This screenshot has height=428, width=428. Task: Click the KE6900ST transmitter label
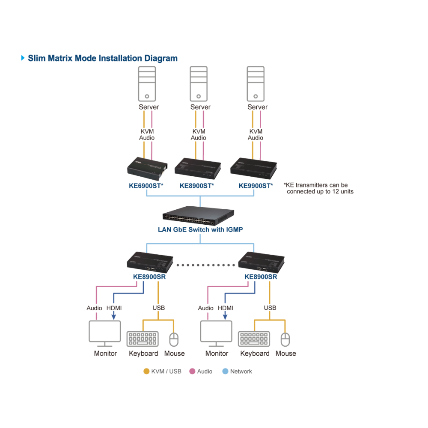pos(146,186)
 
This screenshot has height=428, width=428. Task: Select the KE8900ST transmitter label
pos(197,186)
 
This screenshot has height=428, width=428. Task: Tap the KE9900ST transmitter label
pos(256,186)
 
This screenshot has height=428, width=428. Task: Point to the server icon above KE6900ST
pos(147,84)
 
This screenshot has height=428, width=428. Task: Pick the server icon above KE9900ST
pos(256,84)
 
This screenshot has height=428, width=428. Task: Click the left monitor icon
pos(105,333)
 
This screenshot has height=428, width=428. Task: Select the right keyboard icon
pos(254,339)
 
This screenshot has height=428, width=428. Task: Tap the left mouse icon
pos(174,339)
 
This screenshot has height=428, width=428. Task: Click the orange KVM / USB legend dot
pos(146,371)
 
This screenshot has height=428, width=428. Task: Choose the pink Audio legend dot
pos(193,371)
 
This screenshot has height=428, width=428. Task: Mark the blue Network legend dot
pos(225,371)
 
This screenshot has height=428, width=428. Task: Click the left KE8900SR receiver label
pos(149,277)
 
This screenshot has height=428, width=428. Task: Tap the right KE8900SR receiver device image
pos(261,262)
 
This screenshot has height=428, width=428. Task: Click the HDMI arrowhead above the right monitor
pos(225,317)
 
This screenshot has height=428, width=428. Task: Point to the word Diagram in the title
pos(161,58)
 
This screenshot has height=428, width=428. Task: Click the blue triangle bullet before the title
pos(23,58)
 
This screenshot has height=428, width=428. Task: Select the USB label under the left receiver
pos(159,308)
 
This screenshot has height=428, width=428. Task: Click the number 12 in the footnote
pos(335,192)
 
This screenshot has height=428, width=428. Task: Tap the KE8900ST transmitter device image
pos(198,169)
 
